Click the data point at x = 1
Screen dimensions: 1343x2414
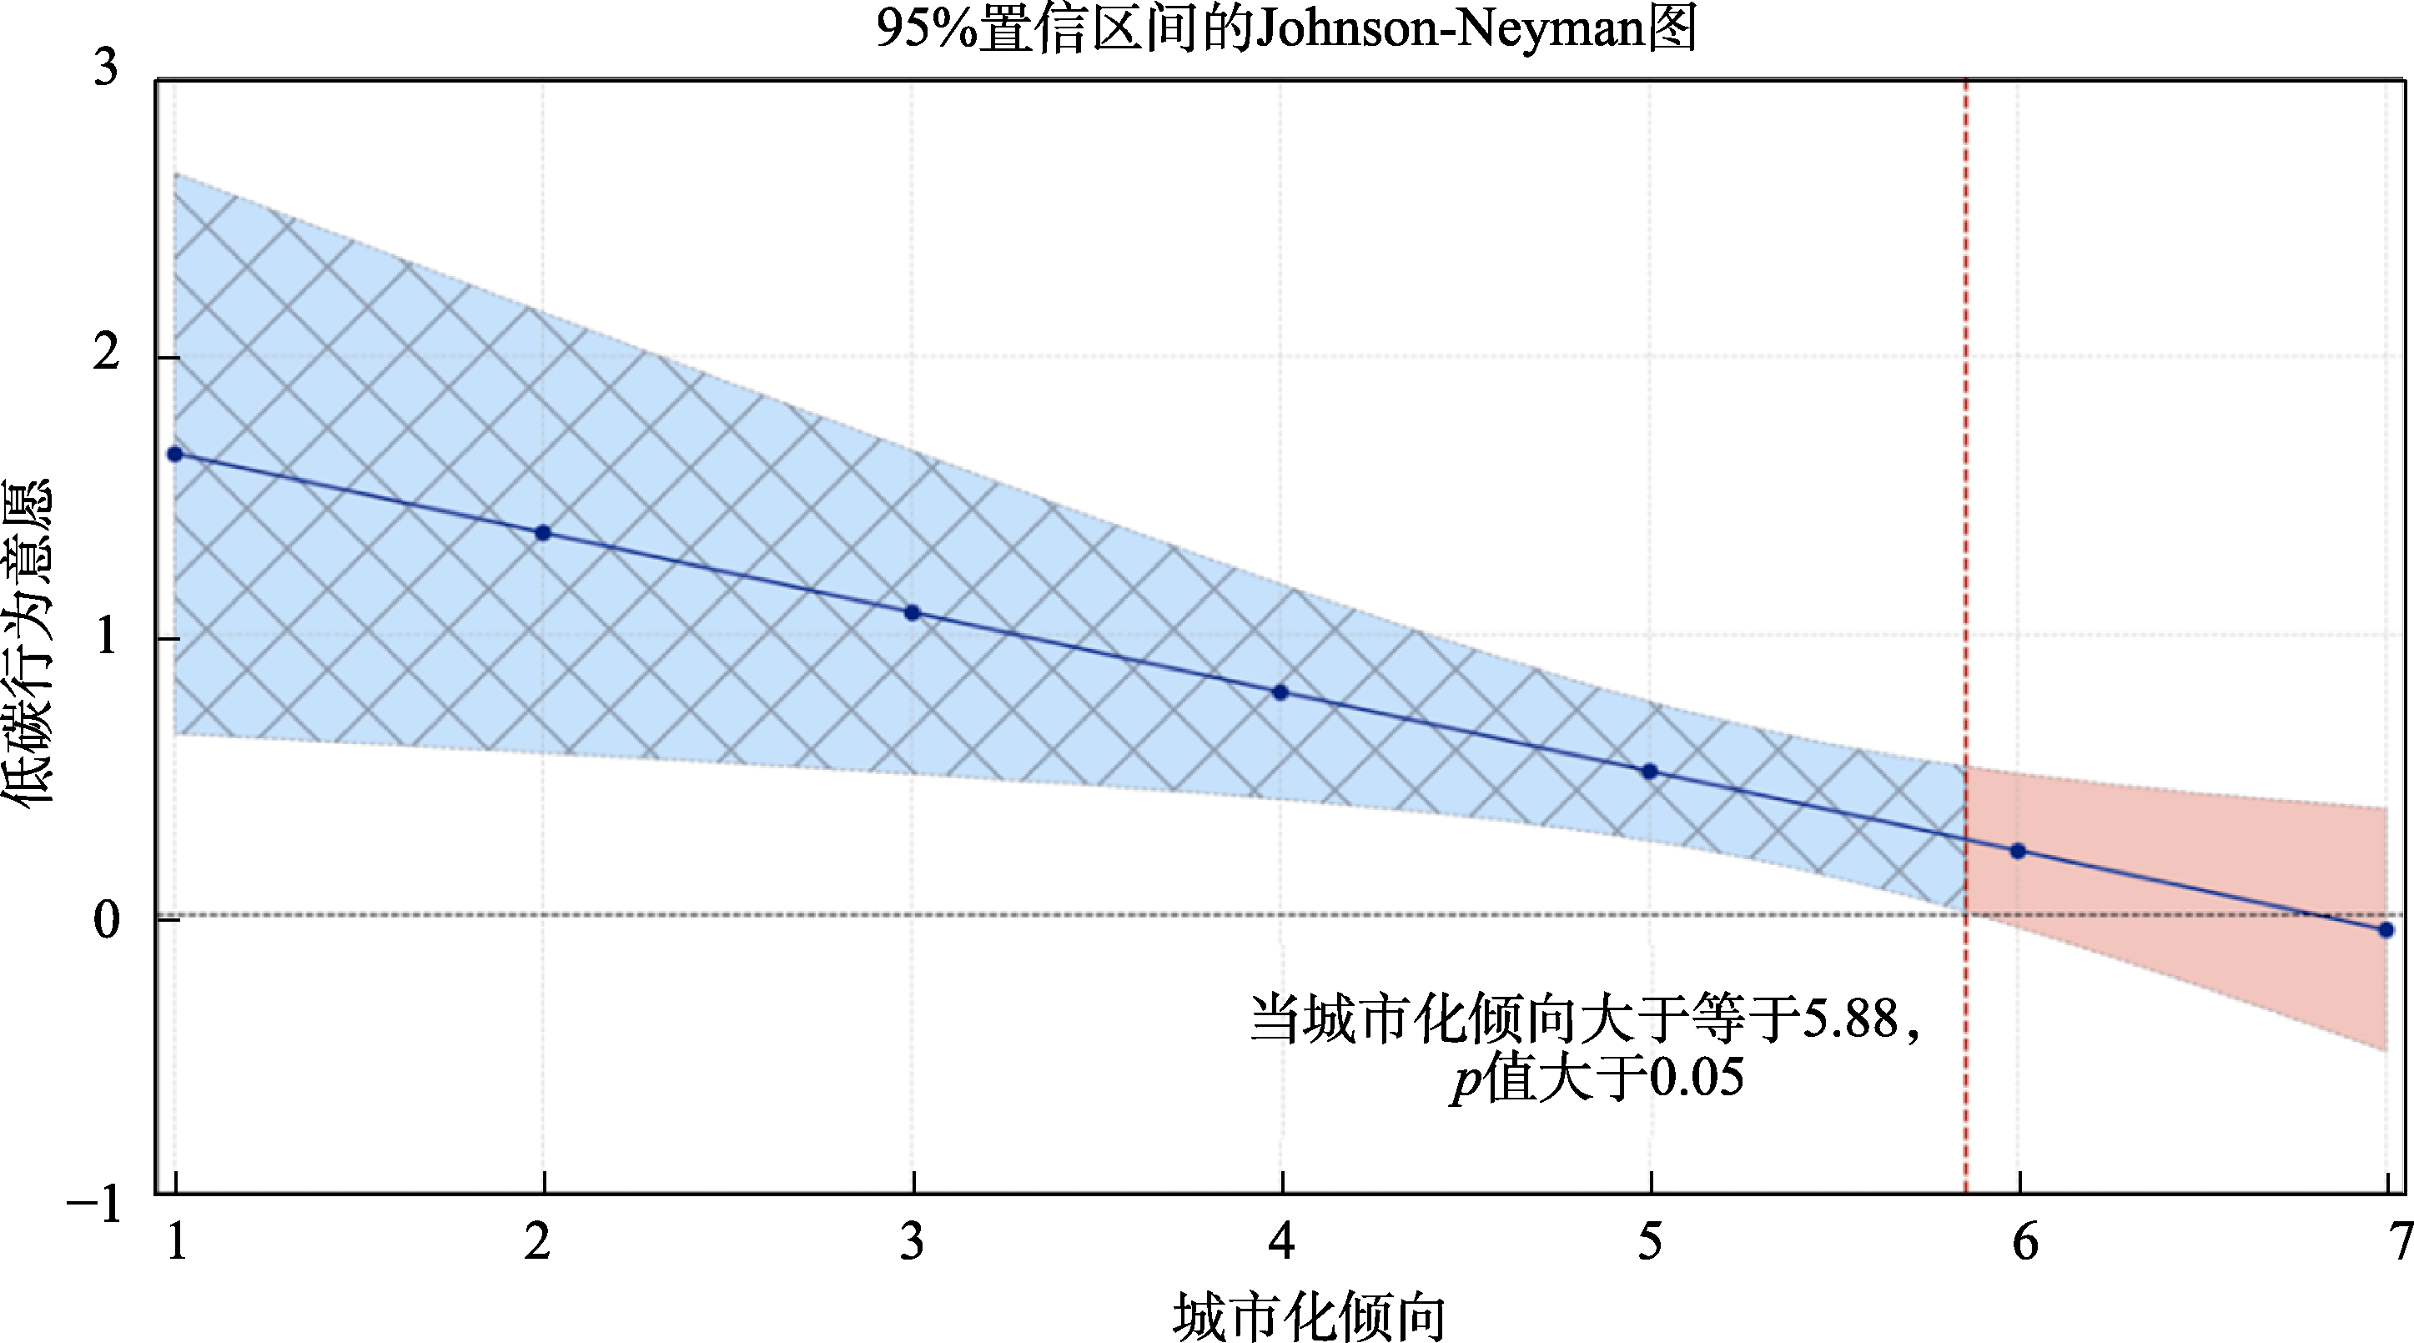[x=174, y=455]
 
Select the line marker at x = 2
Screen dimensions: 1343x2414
[x=542, y=533]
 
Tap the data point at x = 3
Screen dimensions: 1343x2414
[x=912, y=613]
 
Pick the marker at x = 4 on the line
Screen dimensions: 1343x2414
[x=1280, y=692]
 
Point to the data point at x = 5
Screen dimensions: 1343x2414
[x=1649, y=772]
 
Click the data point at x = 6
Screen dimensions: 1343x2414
[x=2018, y=851]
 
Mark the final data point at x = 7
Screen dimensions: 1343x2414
[x=2386, y=930]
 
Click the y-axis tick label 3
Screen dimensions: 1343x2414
[x=106, y=68]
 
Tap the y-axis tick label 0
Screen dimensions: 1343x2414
[x=106, y=920]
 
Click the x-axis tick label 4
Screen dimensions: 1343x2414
[x=1281, y=1242]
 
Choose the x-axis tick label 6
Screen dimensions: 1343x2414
[x=2025, y=1242]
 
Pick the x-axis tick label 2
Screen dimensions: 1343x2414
[x=537, y=1242]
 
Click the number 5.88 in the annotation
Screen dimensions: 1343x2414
[x=1851, y=1019]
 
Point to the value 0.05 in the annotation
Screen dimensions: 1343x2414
[x=1696, y=1078]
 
